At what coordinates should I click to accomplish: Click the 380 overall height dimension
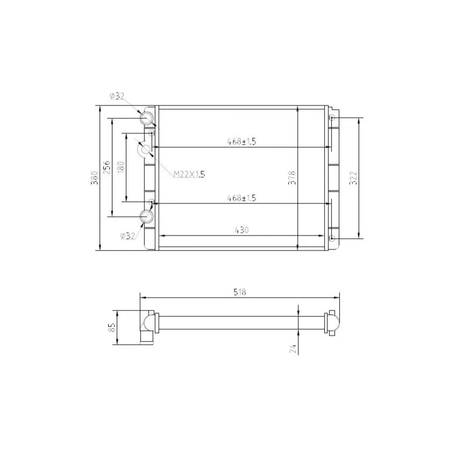tap(95, 178)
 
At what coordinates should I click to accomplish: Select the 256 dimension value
tap(107, 167)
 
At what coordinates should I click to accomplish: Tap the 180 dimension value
tap(121, 167)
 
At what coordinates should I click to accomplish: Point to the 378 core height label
tap(292, 178)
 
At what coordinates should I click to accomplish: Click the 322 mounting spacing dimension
tap(353, 178)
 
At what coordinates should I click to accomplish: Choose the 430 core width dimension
tap(241, 230)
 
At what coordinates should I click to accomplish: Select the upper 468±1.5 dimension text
tap(241, 142)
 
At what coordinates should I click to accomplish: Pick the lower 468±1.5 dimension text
tap(241, 198)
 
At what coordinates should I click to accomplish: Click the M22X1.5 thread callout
tap(189, 175)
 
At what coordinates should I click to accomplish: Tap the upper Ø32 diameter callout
tap(117, 96)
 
